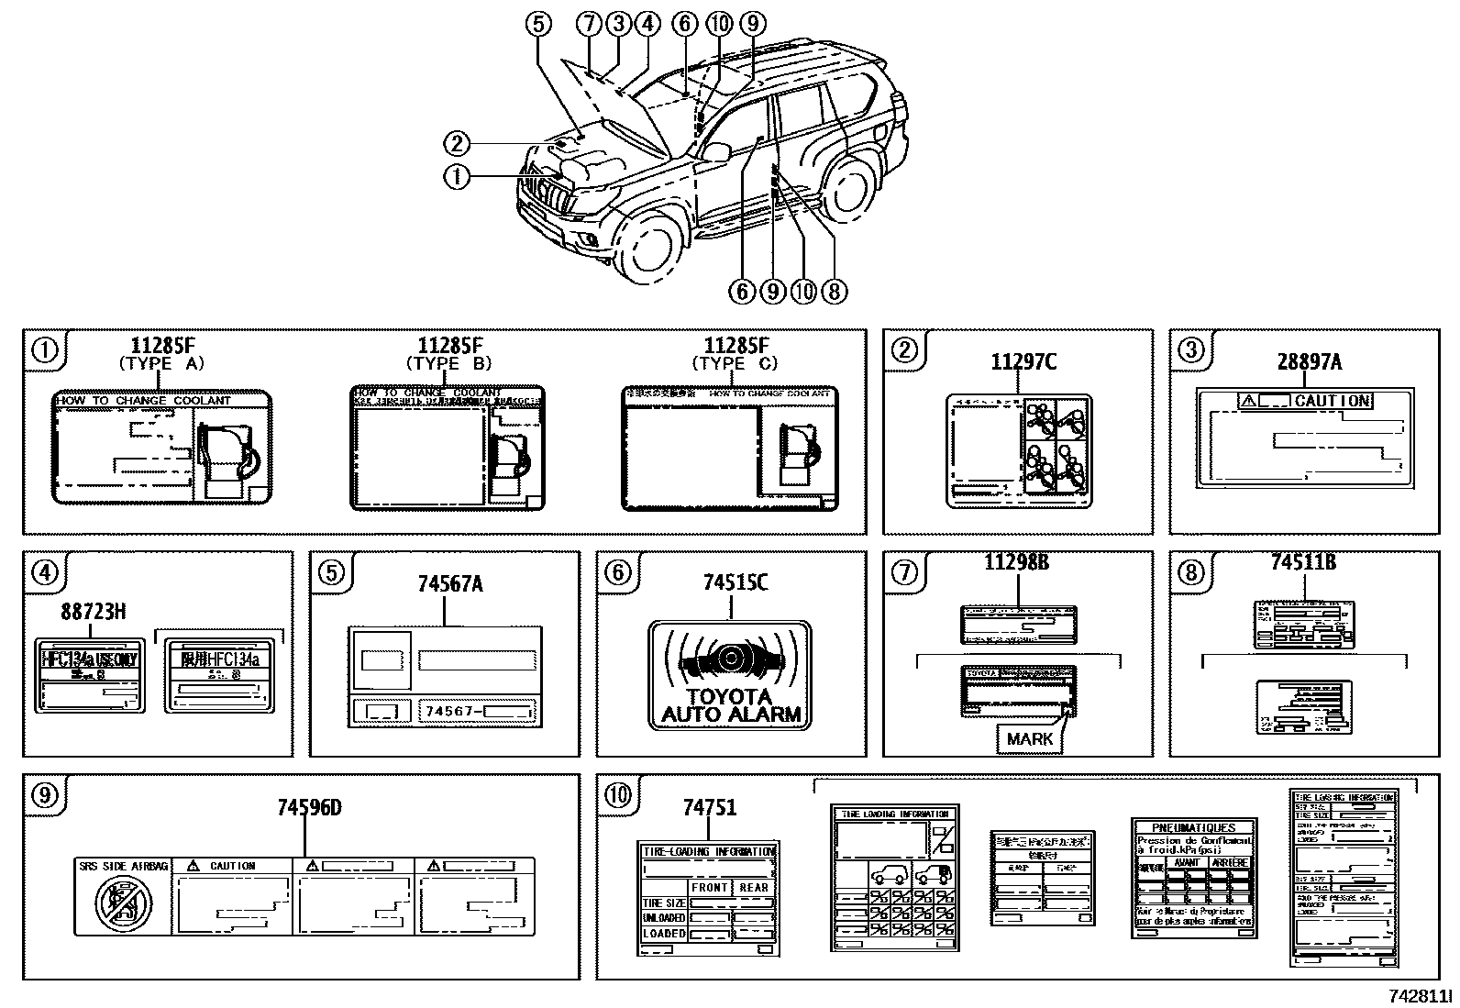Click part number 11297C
1023,362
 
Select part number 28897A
1309,361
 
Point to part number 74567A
450,583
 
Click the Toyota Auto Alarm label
730,676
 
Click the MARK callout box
1030,738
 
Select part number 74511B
1303,562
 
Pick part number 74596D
309,807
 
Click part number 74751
709,807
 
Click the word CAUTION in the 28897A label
1332,401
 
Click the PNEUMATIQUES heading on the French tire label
1193,827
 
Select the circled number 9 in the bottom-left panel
44,796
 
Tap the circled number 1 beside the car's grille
457,176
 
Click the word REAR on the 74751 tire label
754,887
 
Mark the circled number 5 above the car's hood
538,24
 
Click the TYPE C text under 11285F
735,363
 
